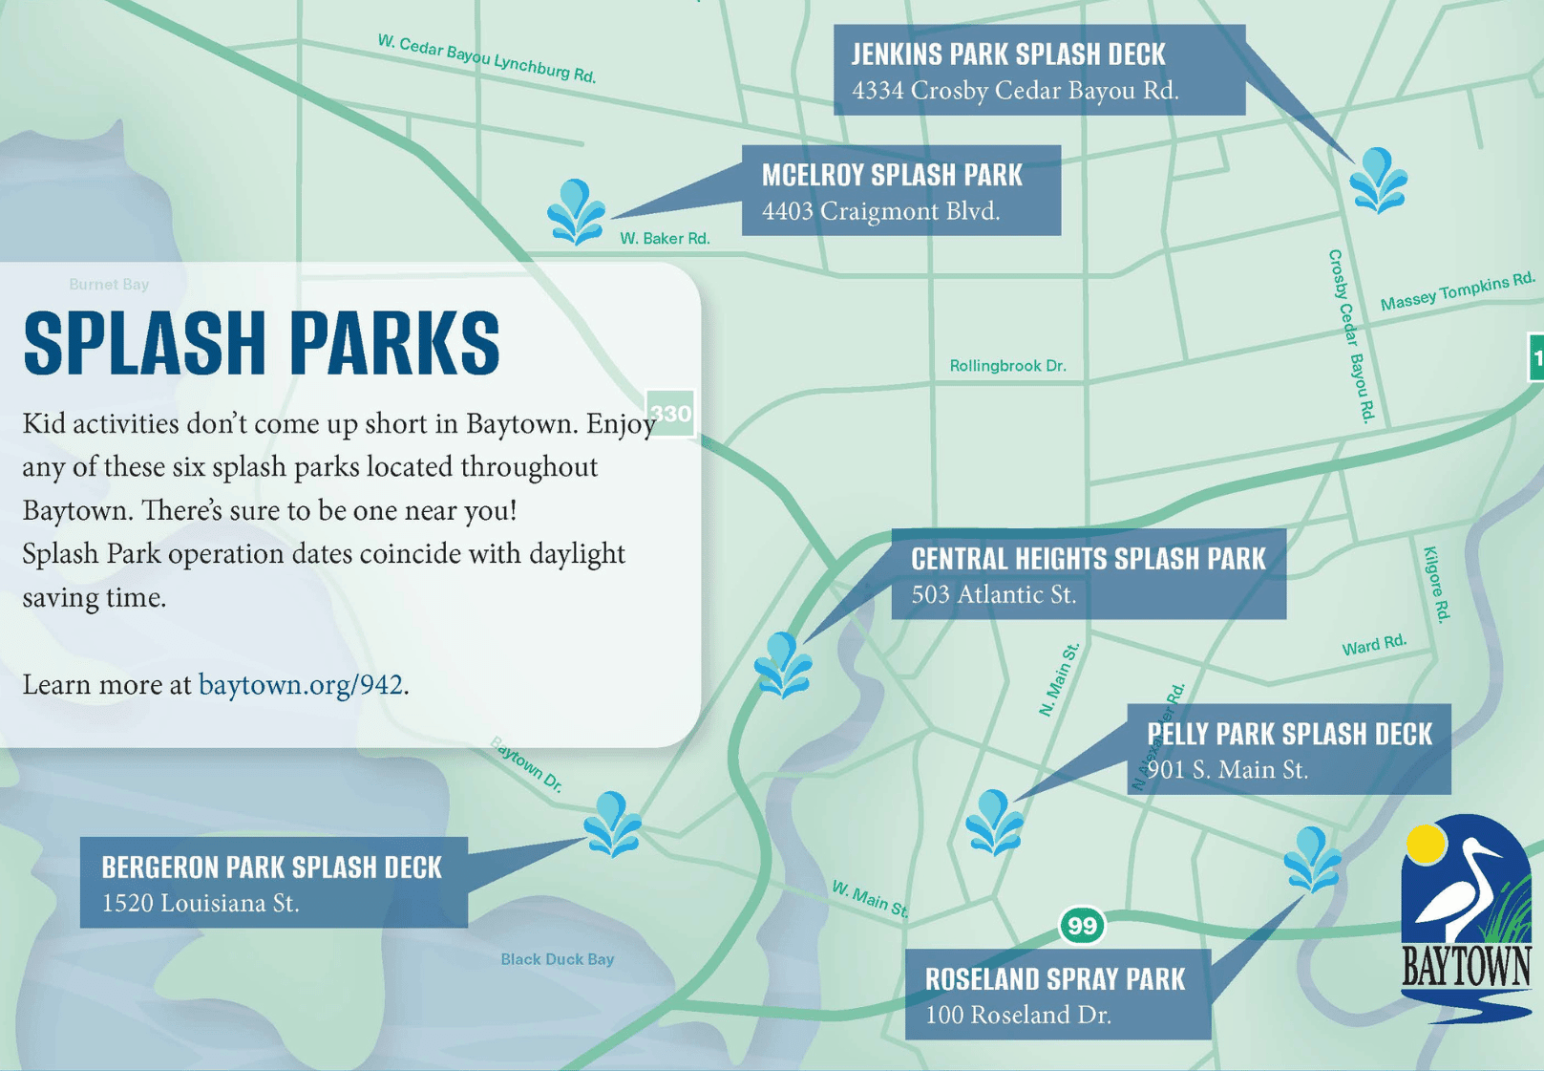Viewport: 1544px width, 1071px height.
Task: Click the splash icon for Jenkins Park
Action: point(1378,181)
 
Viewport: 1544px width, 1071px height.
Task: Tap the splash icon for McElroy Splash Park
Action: point(576,212)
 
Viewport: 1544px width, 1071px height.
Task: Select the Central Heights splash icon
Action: point(783,666)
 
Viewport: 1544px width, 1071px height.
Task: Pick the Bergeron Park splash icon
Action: point(612,825)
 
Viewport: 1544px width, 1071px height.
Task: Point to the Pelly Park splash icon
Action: point(994,823)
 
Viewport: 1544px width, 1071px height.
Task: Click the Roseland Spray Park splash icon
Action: point(1312,860)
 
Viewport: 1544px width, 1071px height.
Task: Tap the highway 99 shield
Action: point(1082,925)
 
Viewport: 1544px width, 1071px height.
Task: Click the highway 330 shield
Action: point(670,413)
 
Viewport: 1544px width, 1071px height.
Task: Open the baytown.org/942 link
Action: point(301,685)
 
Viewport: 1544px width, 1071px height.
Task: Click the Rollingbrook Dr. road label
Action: point(1007,366)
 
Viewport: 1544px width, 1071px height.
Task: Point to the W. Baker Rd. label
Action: point(665,239)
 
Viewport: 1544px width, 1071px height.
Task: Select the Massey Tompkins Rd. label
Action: point(1458,291)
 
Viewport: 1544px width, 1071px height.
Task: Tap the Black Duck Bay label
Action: point(557,959)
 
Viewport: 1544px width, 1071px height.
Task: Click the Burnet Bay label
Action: point(109,284)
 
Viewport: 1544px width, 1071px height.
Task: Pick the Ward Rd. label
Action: point(1374,646)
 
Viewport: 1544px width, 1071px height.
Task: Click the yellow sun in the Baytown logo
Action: point(1426,845)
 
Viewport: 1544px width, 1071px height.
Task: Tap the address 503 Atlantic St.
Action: point(993,594)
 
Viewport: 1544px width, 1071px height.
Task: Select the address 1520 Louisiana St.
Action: point(201,904)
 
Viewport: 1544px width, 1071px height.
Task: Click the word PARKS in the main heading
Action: point(394,343)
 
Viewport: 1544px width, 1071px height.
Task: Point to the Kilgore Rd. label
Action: point(1437,585)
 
